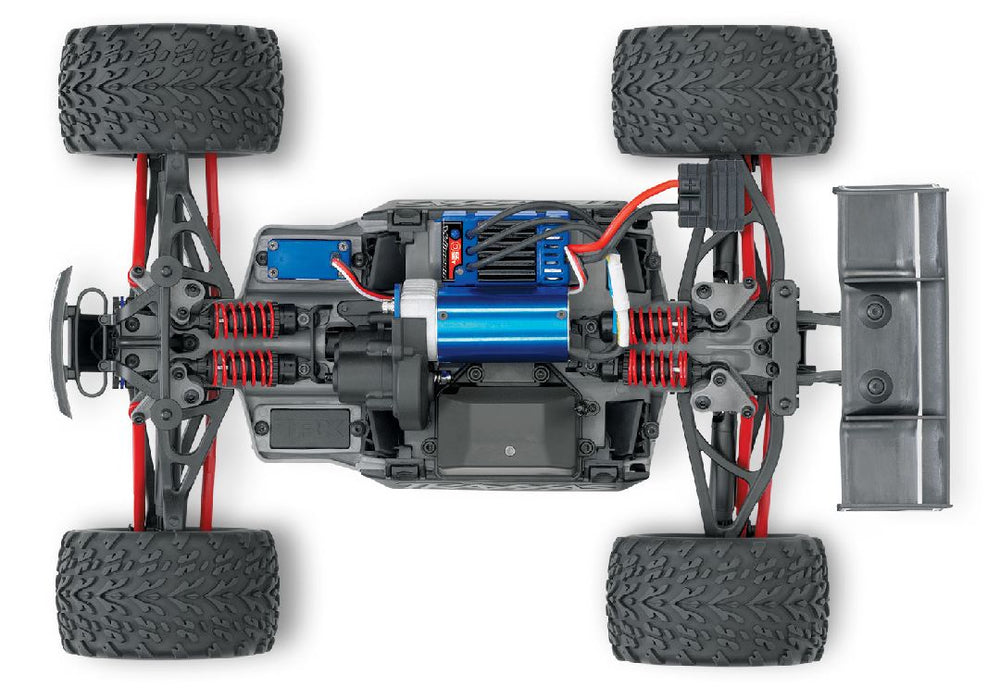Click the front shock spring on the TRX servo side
pyautogui.click(x=243, y=367)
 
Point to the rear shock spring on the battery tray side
pyautogui.click(x=657, y=368)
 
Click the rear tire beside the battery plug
pyautogui.click(x=723, y=90)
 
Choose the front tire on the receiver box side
pyautogui.click(x=170, y=89)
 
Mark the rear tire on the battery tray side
pyautogui.click(x=717, y=599)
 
